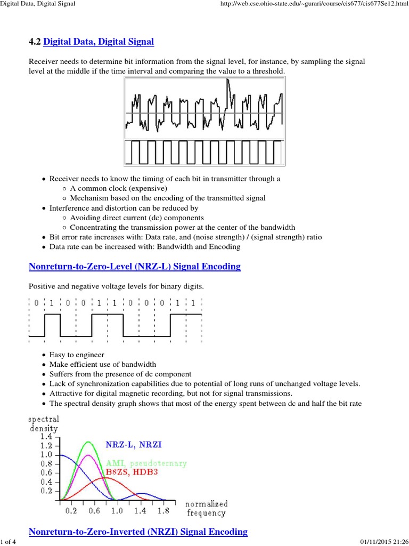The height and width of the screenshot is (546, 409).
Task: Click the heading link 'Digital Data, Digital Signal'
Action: tap(100, 41)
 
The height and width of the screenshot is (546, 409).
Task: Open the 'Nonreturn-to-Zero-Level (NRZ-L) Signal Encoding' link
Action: tap(134, 266)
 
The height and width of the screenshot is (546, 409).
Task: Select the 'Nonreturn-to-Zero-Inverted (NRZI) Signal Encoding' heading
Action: tap(138, 532)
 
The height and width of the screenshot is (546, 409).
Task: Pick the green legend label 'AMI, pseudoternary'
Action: tap(146, 463)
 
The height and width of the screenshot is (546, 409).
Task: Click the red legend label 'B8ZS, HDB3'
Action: tap(134, 472)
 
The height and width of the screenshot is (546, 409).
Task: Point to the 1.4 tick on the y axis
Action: tap(45, 436)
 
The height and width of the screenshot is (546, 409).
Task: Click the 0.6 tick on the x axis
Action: tap(94, 510)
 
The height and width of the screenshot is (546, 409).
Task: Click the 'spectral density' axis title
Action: tap(43, 423)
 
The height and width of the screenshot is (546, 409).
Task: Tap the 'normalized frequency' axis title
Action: tap(206, 508)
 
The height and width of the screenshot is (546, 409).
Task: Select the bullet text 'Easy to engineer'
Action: tap(77, 355)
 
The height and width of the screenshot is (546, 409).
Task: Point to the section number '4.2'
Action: tap(35, 41)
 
